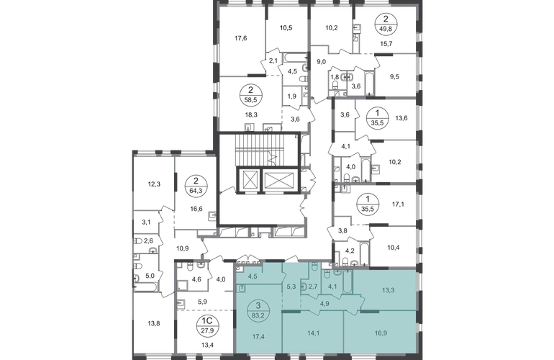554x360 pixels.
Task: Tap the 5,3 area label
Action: tap(291, 286)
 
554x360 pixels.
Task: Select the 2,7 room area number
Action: tap(313, 286)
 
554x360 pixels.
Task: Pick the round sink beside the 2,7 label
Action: tap(304, 287)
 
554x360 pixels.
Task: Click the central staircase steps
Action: tap(251, 150)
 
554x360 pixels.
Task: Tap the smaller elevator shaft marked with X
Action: tap(248, 181)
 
